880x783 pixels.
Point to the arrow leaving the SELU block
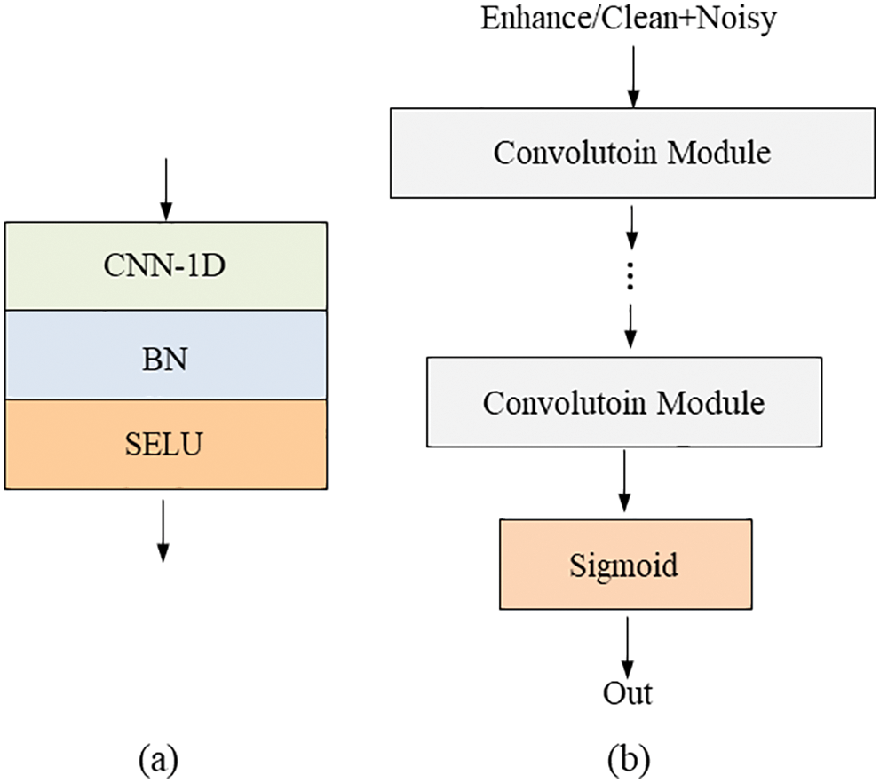click(x=163, y=530)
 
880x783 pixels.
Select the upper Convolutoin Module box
click(x=631, y=153)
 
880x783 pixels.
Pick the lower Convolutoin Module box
click(x=623, y=403)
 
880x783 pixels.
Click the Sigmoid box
click(x=623, y=565)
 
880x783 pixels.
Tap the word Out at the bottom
click(x=628, y=693)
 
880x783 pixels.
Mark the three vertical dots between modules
click(x=631, y=277)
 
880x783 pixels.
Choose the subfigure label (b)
click(x=629, y=759)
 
